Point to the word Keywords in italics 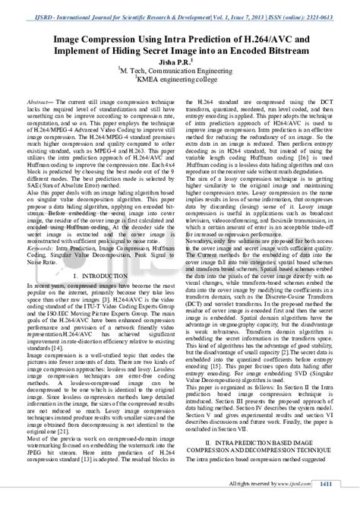[x=39, y=245]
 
